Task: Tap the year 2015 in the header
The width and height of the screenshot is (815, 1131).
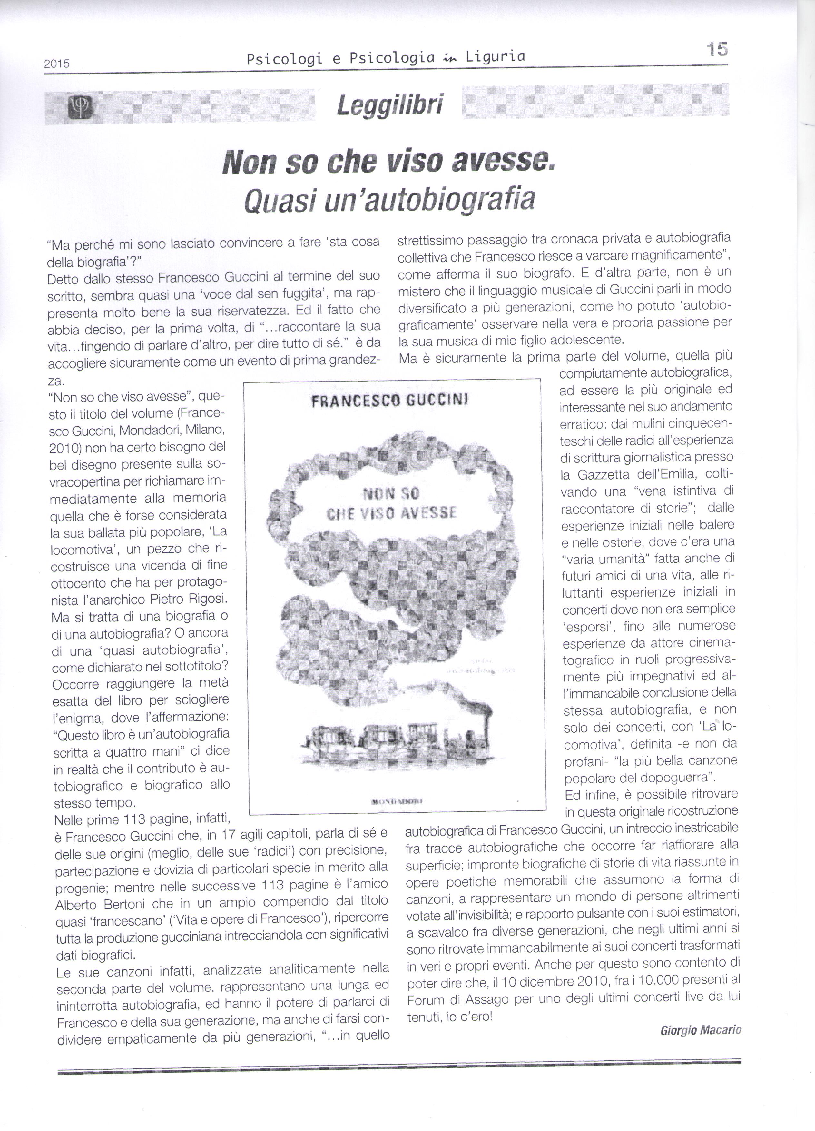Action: coord(57,64)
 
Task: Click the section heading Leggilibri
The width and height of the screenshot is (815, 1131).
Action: coord(389,105)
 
